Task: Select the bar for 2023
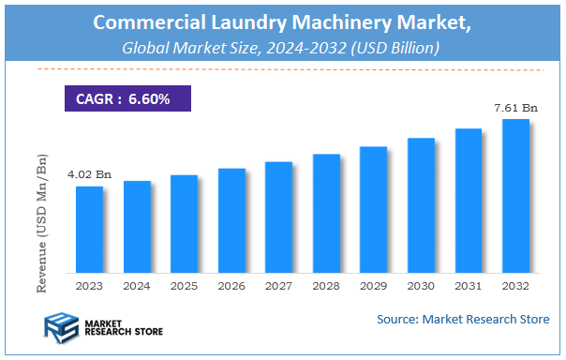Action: (89, 230)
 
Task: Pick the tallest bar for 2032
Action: (515, 196)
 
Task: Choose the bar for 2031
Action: (468, 201)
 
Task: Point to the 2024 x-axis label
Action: (137, 285)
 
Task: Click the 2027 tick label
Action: (278, 285)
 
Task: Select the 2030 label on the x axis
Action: (421, 285)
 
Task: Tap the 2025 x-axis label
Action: (184, 285)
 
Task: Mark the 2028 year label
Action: (326, 285)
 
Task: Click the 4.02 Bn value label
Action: (89, 174)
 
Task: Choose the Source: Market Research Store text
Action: (463, 320)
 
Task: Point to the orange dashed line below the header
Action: (282, 69)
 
